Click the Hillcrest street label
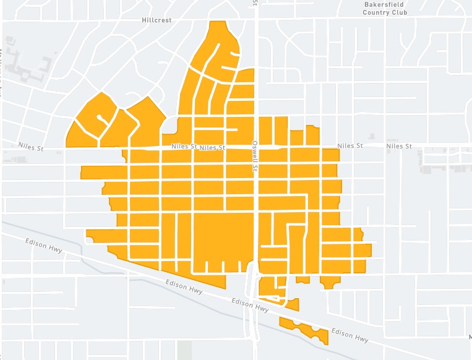[x=156, y=20]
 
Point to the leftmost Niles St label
[x=31, y=147]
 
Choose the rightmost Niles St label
[x=398, y=146]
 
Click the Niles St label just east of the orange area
[x=350, y=146]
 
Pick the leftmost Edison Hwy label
[x=45, y=245]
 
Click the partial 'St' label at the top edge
[x=255, y=3]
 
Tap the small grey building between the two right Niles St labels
[x=371, y=136]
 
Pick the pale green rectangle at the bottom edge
[x=184, y=349]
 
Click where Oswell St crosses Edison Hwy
[x=254, y=300]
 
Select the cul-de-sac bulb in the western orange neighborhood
[x=100, y=116]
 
